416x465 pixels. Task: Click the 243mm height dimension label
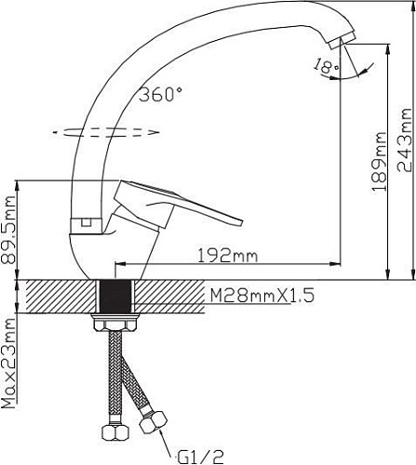click(x=405, y=140)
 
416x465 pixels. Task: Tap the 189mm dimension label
click(x=379, y=162)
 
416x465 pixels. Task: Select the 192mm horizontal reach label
click(x=228, y=256)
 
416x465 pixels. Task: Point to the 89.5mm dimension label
click(x=7, y=230)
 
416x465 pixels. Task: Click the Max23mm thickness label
click(x=8, y=363)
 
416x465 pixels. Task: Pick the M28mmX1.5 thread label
click(x=262, y=296)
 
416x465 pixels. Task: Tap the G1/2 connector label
click(x=201, y=457)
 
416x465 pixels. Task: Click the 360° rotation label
click(x=160, y=94)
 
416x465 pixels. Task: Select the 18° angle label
click(x=326, y=66)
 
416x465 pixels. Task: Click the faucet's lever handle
click(x=177, y=205)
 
